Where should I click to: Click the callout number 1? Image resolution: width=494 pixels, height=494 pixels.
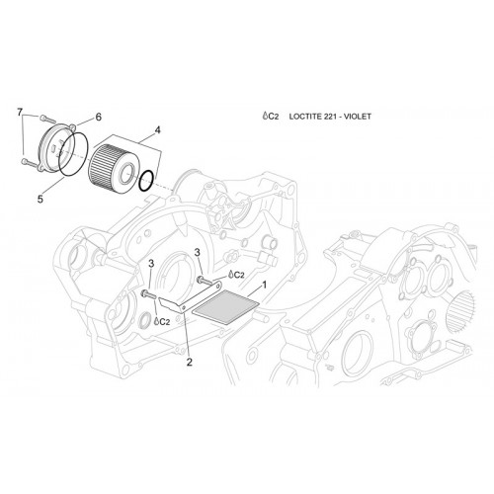pyautogui.click(x=264, y=285)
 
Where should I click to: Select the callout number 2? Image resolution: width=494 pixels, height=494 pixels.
pyautogui.click(x=189, y=363)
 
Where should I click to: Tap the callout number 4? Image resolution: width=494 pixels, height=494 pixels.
pyautogui.click(x=158, y=130)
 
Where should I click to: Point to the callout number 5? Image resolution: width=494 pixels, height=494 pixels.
pyautogui.click(x=41, y=200)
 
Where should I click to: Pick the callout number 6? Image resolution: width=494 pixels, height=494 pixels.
pyautogui.click(x=98, y=117)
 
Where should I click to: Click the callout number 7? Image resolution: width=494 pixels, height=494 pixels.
pyautogui.click(x=20, y=113)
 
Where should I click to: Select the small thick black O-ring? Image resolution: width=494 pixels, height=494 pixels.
pyautogui.click(x=146, y=181)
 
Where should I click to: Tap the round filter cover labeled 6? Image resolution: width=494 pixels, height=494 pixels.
pyautogui.click(x=56, y=147)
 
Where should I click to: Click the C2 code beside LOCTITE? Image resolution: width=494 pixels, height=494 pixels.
pyautogui.click(x=274, y=117)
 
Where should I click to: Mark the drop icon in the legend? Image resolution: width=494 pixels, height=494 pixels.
pyautogui.click(x=265, y=116)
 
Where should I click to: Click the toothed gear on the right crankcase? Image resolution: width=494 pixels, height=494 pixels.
pyautogui.click(x=460, y=311)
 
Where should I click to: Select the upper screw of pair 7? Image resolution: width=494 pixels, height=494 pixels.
pyautogui.click(x=45, y=118)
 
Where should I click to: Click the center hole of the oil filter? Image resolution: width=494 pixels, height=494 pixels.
pyautogui.click(x=126, y=174)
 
